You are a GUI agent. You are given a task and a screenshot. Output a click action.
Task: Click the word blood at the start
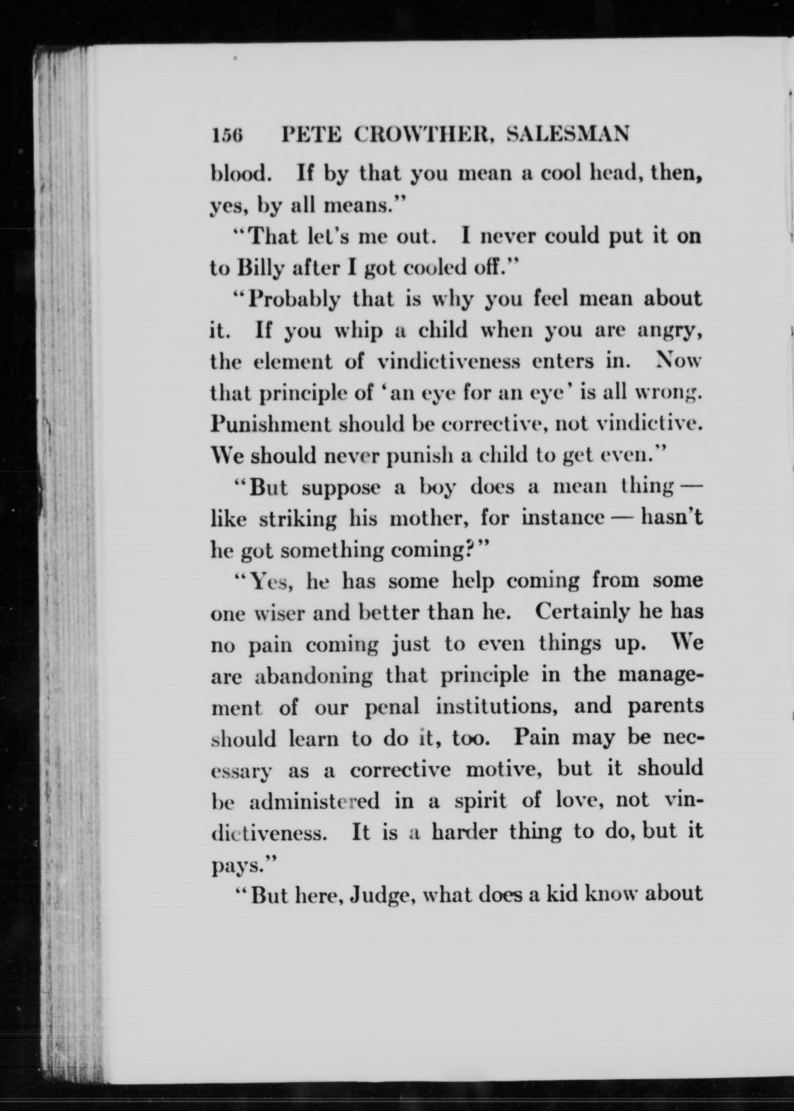coord(240,174)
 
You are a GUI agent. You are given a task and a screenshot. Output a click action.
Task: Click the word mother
coord(429,518)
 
